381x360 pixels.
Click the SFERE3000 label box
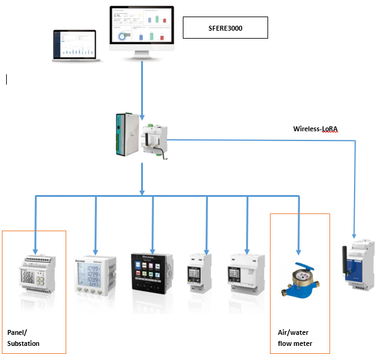(225, 28)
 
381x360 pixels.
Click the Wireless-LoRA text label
(315, 129)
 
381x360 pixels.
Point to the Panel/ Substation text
(23, 338)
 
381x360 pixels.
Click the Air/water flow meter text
(295, 338)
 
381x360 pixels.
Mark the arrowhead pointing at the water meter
(299, 251)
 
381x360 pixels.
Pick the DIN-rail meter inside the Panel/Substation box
(36, 276)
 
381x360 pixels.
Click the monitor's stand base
(141, 58)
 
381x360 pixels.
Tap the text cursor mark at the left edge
(7, 79)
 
